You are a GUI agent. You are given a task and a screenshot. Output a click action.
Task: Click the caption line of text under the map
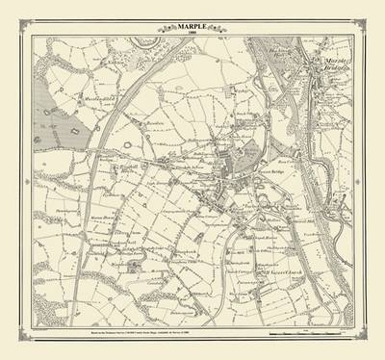click(192, 333)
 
